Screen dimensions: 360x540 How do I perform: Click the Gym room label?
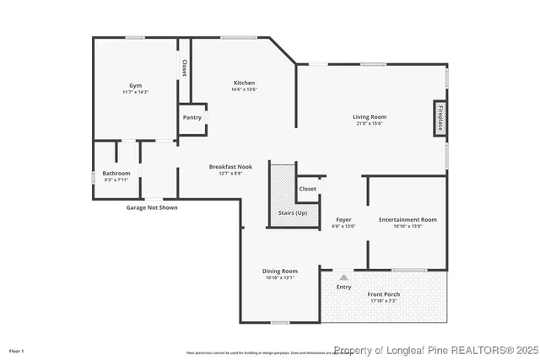pos(135,85)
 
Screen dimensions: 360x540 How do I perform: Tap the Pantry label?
pos(192,117)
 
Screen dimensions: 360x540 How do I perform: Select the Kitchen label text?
pos(244,83)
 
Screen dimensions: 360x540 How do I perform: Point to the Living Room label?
pos(369,116)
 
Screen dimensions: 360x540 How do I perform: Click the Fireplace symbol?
pos(440,118)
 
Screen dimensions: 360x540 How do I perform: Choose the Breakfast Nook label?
pos(230,167)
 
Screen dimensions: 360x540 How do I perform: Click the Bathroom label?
pos(116,173)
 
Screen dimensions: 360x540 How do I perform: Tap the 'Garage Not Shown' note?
pos(152,207)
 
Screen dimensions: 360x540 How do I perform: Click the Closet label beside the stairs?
pos(308,189)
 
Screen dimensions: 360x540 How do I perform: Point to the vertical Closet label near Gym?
pos(184,67)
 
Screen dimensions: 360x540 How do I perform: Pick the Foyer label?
pos(343,219)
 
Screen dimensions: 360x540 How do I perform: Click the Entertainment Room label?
pos(408,219)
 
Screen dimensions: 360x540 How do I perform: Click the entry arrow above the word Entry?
pos(343,276)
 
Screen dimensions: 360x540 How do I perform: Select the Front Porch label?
pos(384,293)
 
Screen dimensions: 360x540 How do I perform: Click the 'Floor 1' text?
pos(17,350)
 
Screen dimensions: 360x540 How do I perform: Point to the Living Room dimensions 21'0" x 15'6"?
pos(369,123)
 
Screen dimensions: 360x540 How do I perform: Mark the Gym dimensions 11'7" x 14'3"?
pos(135,91)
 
